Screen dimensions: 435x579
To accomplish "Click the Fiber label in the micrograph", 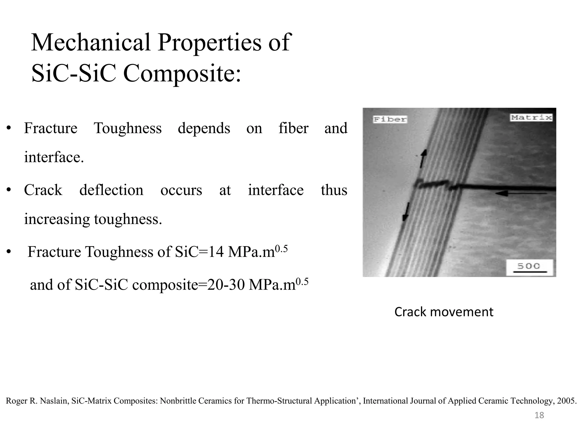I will [390, 119].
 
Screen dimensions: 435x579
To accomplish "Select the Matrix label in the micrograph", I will [531, 118].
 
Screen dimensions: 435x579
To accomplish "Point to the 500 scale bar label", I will [528, 266].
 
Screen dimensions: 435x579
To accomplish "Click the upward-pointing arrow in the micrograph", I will [423, 159].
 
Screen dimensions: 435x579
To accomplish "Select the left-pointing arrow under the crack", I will [520, 193].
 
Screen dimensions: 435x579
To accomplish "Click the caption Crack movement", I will [444, 312].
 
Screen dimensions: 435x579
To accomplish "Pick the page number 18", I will [539, 415].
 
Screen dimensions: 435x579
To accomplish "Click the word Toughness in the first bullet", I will [128, 128].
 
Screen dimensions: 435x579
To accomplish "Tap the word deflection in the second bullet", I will [111, 190].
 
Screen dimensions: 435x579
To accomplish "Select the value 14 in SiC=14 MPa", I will [216, 252].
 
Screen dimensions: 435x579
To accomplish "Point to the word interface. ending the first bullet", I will [54, 157].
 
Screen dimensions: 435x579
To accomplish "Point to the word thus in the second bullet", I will [334, 190].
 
